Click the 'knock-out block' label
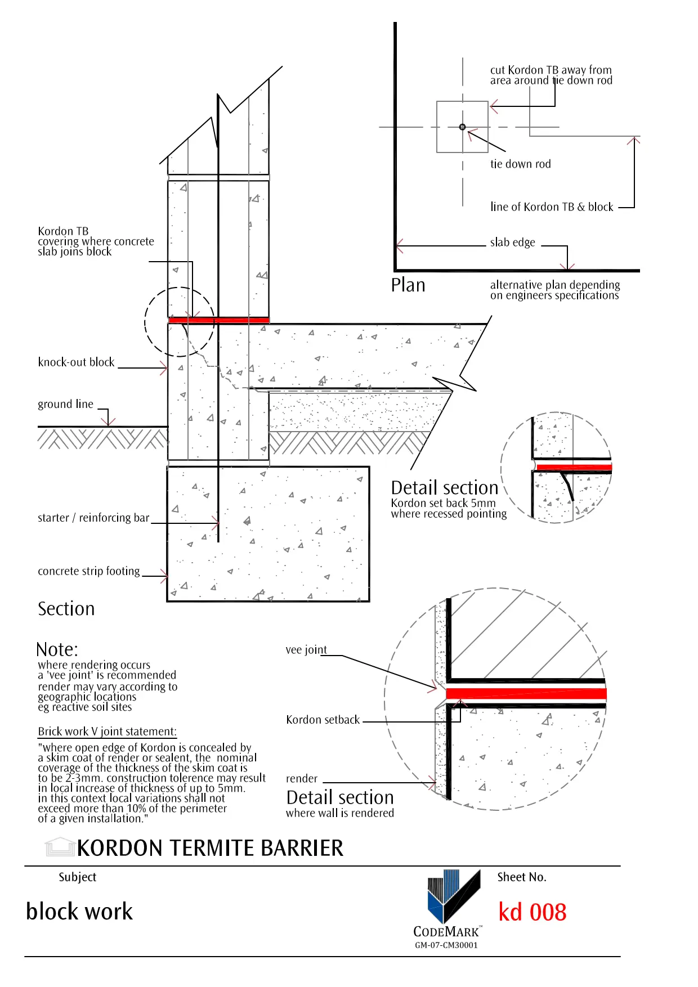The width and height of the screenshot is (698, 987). (x=76, y=362)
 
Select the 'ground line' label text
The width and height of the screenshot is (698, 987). (x=65, y=404)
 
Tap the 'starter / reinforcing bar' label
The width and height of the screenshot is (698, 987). (x=93, y=518)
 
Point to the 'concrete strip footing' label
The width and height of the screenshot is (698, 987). (x=89, y=571)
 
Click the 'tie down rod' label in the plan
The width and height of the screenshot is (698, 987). (x=520, y=164)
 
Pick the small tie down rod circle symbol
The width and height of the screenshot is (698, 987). (x=462, y=127)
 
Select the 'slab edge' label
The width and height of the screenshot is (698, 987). (x=512, y=243)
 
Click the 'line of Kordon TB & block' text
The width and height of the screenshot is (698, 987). (x=552, y=207)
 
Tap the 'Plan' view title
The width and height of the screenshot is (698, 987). (x=408, y=285)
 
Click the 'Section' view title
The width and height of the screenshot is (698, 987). (x=66, y=609)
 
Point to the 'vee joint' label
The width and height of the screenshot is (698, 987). (x=306, y=650)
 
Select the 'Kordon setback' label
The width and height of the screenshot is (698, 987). (x=323, y=720)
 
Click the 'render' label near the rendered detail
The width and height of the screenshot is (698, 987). (x=302, y=779)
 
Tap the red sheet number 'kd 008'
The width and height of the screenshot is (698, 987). (x=533, y=912)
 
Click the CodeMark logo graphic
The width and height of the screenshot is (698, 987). (x=454, y=895)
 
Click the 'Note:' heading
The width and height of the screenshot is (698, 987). (x=57, y=649)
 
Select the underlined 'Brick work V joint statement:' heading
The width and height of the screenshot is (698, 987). (x=107, y=732)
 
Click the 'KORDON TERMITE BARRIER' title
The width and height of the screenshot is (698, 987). (x=210, y=848)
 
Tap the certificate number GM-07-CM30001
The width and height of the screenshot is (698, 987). (x=446, y=945)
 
